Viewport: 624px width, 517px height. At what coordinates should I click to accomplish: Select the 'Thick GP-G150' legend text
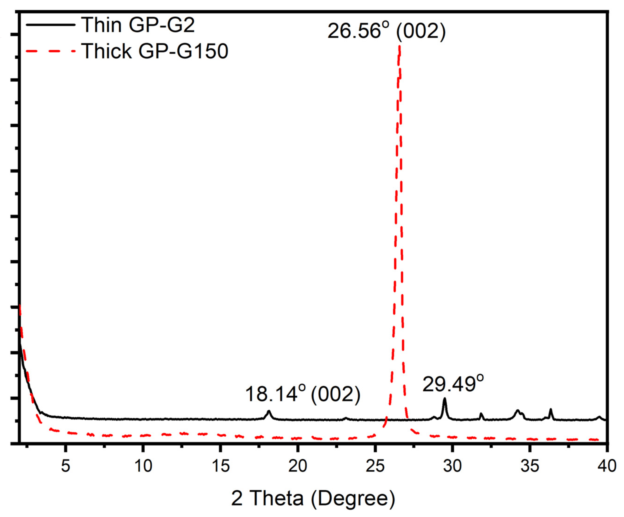155,51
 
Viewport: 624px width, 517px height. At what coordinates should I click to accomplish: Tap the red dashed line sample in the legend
50,51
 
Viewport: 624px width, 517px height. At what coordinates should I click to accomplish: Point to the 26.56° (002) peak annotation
386,31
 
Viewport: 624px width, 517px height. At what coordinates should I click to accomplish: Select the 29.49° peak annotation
453,384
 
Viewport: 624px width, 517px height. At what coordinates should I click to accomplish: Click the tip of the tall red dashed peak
399,47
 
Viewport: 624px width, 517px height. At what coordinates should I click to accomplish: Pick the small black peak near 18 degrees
269,411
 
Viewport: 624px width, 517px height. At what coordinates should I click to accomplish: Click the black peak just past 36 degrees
551,410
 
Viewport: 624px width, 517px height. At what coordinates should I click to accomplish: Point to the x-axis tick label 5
66,466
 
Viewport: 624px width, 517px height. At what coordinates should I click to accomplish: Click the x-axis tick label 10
143,466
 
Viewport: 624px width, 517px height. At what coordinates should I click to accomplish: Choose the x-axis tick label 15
220,466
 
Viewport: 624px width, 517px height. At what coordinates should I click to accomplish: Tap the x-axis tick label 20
298,466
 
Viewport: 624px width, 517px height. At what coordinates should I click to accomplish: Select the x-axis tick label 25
375,466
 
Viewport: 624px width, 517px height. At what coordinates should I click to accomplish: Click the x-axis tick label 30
452,466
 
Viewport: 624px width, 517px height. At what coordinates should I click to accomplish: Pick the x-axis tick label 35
530,466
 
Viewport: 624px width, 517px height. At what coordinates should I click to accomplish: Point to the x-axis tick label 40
606,466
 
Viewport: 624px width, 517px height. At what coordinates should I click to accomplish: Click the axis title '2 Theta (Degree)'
313,498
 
